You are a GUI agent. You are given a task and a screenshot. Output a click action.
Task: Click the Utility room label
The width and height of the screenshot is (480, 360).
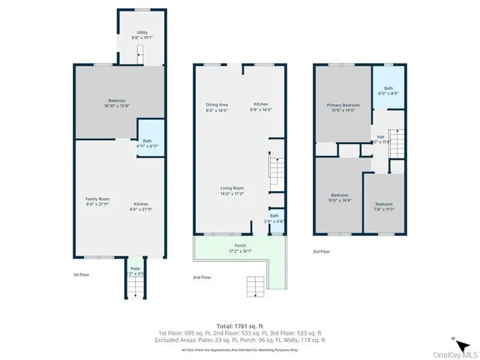139,35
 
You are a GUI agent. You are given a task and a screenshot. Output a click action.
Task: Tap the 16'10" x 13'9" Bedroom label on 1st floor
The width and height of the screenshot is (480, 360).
115,103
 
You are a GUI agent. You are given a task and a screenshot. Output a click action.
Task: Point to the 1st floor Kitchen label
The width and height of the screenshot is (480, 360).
140,206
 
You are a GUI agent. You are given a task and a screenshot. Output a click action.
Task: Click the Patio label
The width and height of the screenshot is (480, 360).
135,271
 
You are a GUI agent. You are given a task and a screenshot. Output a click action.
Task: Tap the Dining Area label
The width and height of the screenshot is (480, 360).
217,106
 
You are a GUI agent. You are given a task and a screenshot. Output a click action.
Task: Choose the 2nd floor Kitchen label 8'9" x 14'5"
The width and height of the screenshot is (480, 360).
260,106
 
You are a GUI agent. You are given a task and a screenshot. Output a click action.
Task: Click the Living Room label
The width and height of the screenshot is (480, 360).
231,190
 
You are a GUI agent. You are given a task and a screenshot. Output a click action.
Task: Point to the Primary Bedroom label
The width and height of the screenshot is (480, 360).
343,107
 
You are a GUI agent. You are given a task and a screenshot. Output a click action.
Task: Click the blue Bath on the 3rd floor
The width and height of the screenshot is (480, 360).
388,91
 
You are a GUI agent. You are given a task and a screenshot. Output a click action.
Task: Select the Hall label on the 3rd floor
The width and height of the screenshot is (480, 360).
381,139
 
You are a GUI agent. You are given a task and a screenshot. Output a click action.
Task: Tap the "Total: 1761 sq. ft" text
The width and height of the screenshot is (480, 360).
239,325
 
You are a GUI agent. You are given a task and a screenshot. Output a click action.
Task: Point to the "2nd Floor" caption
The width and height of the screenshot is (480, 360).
202,277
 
